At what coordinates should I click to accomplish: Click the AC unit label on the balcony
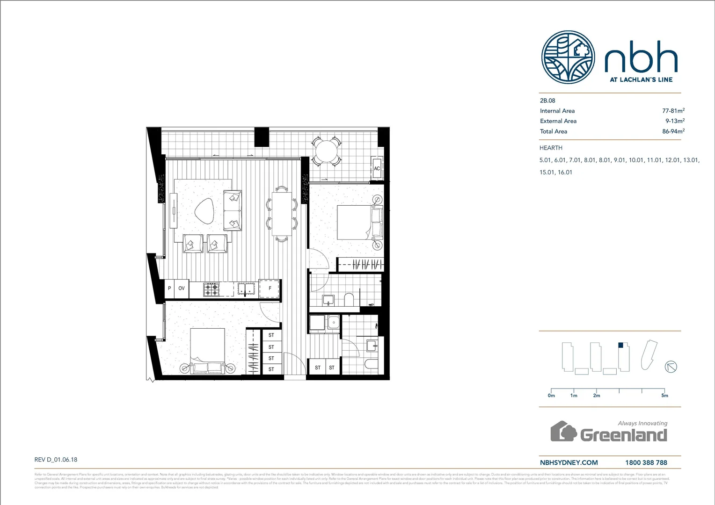pyautogui.click(x=377, y=169)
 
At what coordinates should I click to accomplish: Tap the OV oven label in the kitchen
pyautogui.click(x=182, y=289)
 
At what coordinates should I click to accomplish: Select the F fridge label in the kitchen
pyautogui.click(x=270, y=289)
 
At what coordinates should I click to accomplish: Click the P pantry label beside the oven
pyautogui.click(x=169, y=289)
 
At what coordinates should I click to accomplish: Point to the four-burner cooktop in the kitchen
pyautogui.click(x=211, y=289)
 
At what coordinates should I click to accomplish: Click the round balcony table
pyautogui.click(x=326, y=151)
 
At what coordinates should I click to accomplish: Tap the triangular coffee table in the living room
pyautogui.click(x=204, y=210)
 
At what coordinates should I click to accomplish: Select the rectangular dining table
pyautogui.click(x=282, y=214)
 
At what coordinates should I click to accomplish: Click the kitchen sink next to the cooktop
pyautogui.click(x=246, y=290)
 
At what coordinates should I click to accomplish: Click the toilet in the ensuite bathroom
pyautogui.click(x=349, y=299)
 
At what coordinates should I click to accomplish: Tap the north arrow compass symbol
pyautogui.click(x=671, y=367)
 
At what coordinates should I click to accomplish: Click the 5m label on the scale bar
pyautogui.click(x=664, y=396)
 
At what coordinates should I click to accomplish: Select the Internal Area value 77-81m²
pyautogui.click(x=673, y=111)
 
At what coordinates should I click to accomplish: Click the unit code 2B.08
pyautogui.click(x=547, y=101)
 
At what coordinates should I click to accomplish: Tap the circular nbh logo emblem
pyautogui.click(x=568, y=57)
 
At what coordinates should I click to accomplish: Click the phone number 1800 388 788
pyautogui.click(x=646, y=462)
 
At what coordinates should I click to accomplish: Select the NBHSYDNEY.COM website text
pyautogui.click(x=569, y=462)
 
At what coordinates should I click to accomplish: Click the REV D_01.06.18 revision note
pyautogui.click(x=56, y=460)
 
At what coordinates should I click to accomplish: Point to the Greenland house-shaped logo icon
pyautogui.click(x=563, y=431)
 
